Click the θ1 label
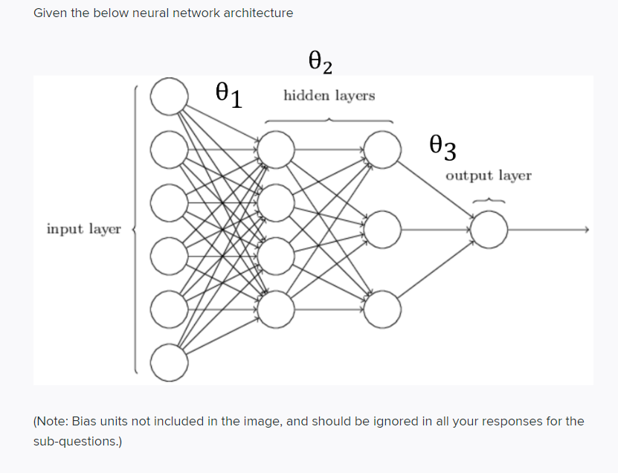pyautogui.click(x=228, y=95)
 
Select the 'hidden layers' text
pyautogui.click(x=329, y=96)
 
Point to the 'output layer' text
pyautogui.click(x=489, y=176)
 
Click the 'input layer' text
pyautogui.click(x=83, y=229)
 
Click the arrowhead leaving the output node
pyautogui.click(x=587, y=230)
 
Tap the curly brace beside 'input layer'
pyautogui.click(x=135, y=229)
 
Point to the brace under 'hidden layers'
pyautogui.click(x=329, y=120)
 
